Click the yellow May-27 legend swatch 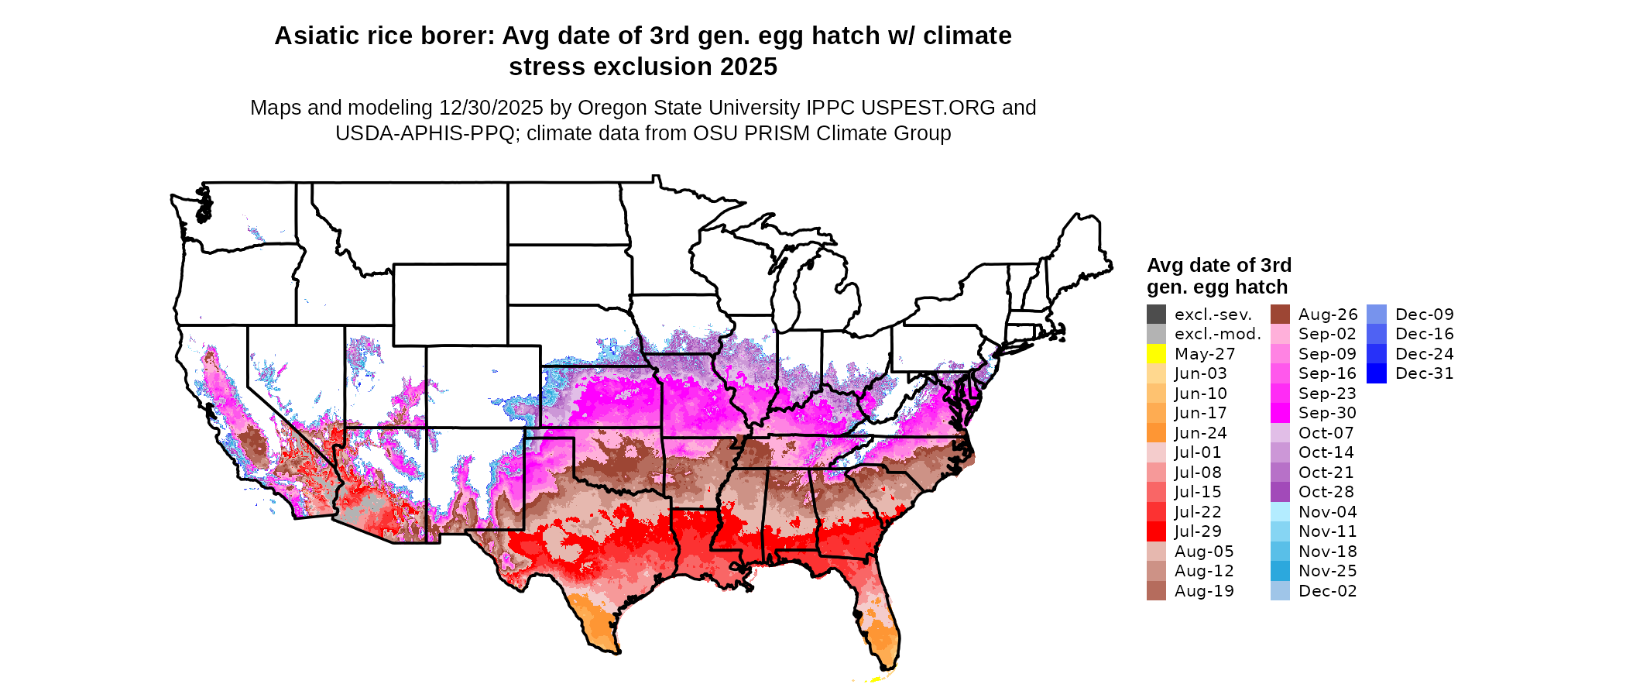click(1156, 354)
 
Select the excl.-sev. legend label click(1213, 315)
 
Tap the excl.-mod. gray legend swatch click(1156, 334)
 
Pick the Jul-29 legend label click(1198, 531)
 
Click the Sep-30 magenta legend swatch click(1280, 413)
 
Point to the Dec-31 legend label click(1424, 373)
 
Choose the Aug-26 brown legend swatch click(1280, 315)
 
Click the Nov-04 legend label click(1327, 512)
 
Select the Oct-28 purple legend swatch click(1280, 492)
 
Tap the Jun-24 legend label click(1200, 433)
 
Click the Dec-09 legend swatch click(1377, 315)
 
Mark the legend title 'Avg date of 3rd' click(1219, 266)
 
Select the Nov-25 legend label click(1327, 571)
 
